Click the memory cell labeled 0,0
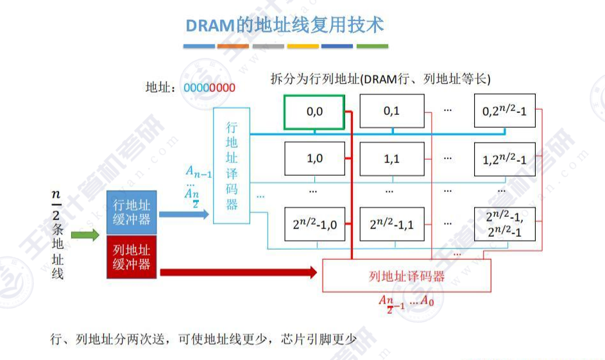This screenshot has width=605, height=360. click(314, 111)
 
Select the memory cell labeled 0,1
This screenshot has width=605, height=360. click(391, 111)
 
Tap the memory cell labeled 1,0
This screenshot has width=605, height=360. click(314, 158)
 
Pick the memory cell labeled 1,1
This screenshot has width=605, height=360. click(391, 158)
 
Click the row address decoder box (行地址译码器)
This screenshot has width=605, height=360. click(232, 166)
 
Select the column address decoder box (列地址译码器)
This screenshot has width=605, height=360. click(406, 277)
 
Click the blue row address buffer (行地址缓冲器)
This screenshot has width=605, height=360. click(132, 212)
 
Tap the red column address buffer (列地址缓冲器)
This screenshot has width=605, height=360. click(132, 256)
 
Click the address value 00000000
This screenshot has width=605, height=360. click(209, 88)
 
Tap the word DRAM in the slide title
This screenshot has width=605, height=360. click(207, 26)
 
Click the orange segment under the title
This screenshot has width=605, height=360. click(233, 46)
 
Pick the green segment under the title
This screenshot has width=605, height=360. click(372, 46)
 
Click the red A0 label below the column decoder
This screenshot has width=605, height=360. click(425, 302)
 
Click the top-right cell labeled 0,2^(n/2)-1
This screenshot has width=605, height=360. click(504, 111)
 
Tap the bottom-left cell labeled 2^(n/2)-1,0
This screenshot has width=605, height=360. click(314, 224)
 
